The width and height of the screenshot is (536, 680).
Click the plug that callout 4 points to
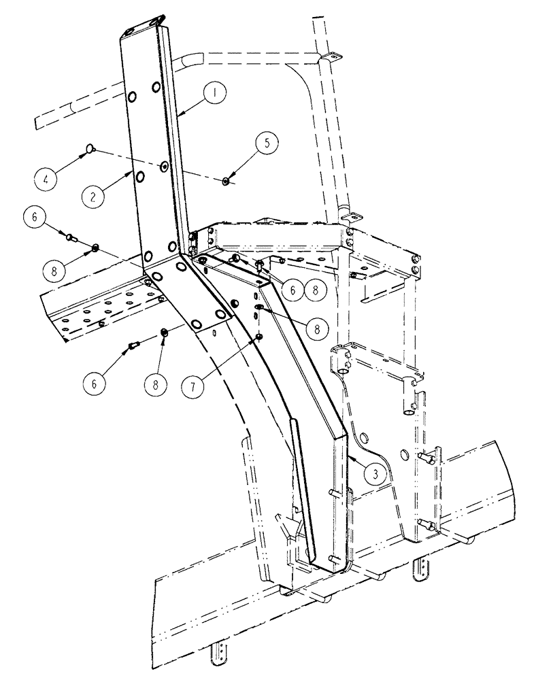click(90, 148)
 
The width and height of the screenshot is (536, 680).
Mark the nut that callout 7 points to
click(259, 336)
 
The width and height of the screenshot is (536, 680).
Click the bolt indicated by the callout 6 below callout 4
click(69, 236)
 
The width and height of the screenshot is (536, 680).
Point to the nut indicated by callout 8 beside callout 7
click(164, 332)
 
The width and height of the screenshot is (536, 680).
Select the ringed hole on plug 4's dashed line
click(164, 167)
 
